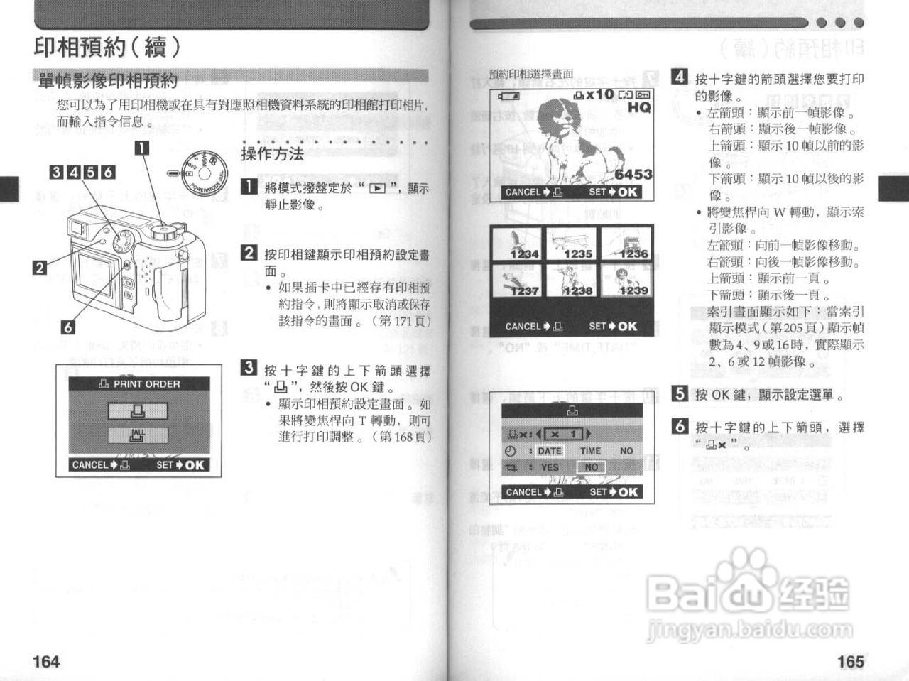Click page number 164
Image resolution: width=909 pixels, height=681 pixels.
point(46,661)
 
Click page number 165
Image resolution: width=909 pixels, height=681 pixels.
point(850,661)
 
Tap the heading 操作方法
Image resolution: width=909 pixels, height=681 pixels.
point(272,154)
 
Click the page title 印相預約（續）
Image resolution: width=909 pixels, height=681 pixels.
point(107,48)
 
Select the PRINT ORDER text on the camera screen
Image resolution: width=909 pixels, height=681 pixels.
point(146,384)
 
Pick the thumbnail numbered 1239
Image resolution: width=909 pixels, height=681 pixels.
point(626,280)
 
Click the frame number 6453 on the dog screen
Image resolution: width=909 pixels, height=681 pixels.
point(633,175)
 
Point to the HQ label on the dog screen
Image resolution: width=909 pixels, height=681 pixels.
point(638,107)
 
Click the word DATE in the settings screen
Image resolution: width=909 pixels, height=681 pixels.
point(549,451)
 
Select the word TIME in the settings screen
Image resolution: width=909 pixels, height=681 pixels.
point(590,451)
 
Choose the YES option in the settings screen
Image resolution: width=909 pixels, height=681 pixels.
point(550,467)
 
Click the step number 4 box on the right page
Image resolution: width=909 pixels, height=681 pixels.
point(680,77)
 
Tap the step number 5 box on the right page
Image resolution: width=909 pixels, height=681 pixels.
point(680,393)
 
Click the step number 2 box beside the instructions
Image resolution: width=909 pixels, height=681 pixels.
point(249,253)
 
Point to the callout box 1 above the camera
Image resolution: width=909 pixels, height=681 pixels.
point(142,148)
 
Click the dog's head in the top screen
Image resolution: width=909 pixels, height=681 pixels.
point(554,117)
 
